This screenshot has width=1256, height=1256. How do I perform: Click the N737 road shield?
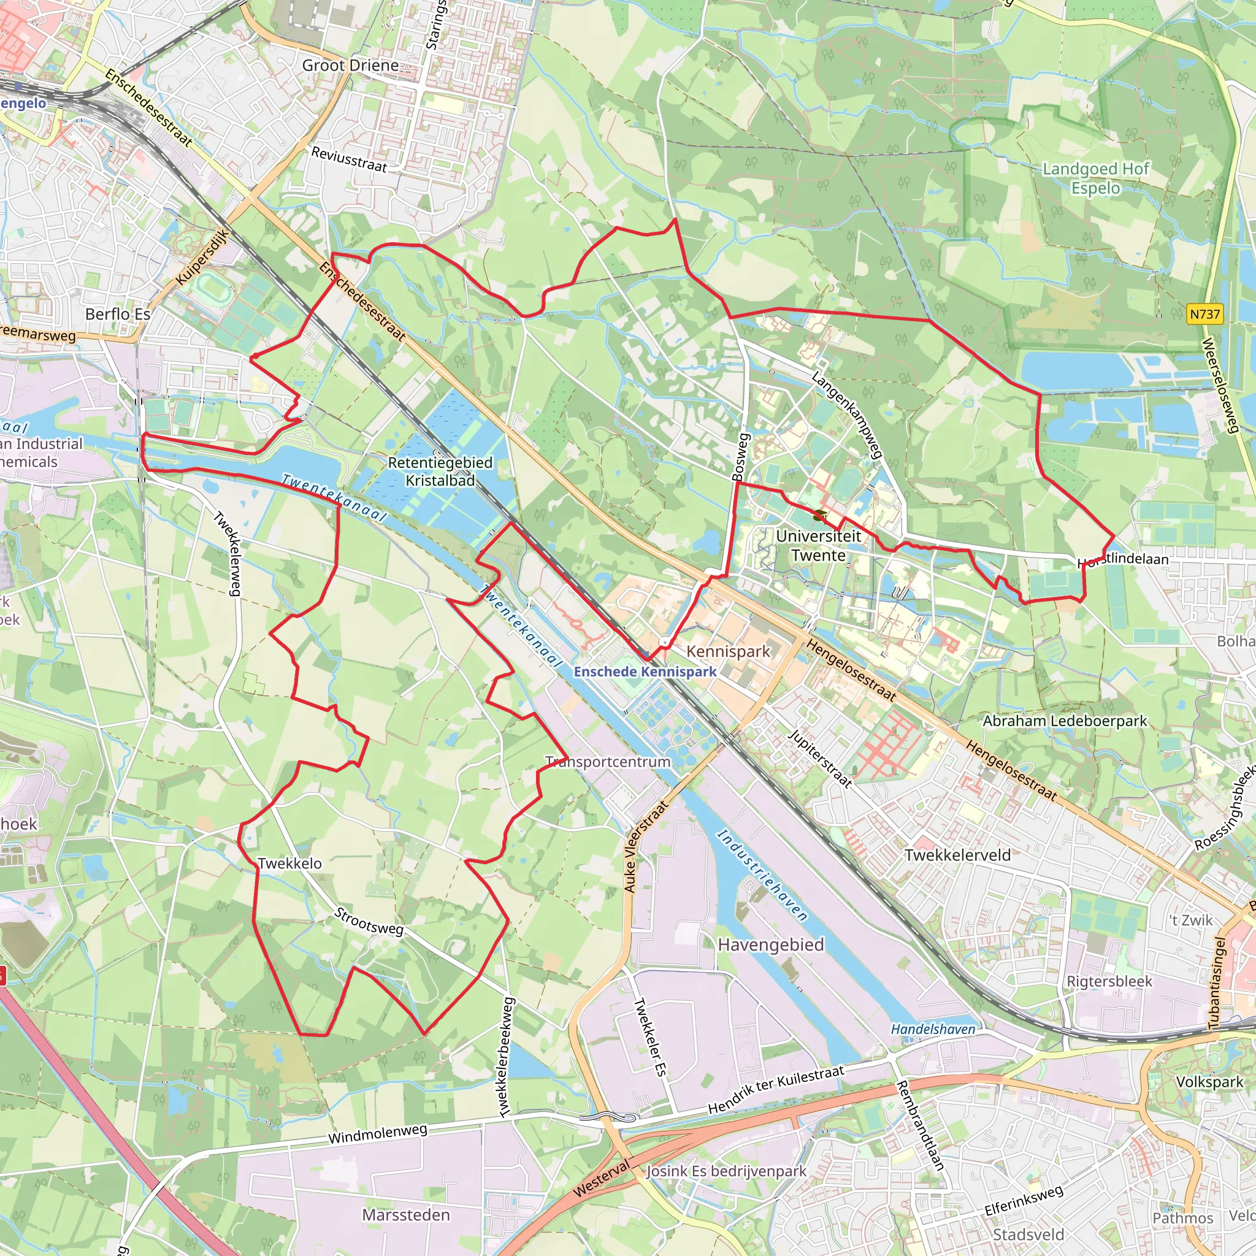coord(1204,315)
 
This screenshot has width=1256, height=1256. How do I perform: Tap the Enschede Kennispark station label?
coord(645,672)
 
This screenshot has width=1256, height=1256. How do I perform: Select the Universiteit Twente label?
coord(819,545)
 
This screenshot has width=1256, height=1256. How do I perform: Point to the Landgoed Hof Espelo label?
coord(1096,178)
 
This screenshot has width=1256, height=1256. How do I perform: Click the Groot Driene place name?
coord(350,66)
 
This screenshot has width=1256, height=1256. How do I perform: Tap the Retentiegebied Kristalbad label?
coord(440,472)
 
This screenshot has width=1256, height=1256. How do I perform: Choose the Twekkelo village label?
coord(290,863)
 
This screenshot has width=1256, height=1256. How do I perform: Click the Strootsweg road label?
coord(369,922)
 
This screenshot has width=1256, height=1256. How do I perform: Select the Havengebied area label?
coord(770,944)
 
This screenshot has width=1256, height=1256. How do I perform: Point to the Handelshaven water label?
coord(933,1029)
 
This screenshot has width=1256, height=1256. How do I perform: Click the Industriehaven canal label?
coord(762,875)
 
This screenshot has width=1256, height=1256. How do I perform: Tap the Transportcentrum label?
coord(608,761)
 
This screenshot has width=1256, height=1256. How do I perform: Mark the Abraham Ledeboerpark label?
coord(1065,721)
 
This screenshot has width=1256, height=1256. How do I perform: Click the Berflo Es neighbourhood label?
coord(118,314)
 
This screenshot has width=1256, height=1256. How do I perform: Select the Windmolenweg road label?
coord(377,1134)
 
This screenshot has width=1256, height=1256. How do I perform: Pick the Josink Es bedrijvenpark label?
coord(726,1171)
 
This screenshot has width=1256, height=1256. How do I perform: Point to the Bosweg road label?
coord(740,457)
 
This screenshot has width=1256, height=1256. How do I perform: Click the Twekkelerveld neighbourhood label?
coord(957,855)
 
